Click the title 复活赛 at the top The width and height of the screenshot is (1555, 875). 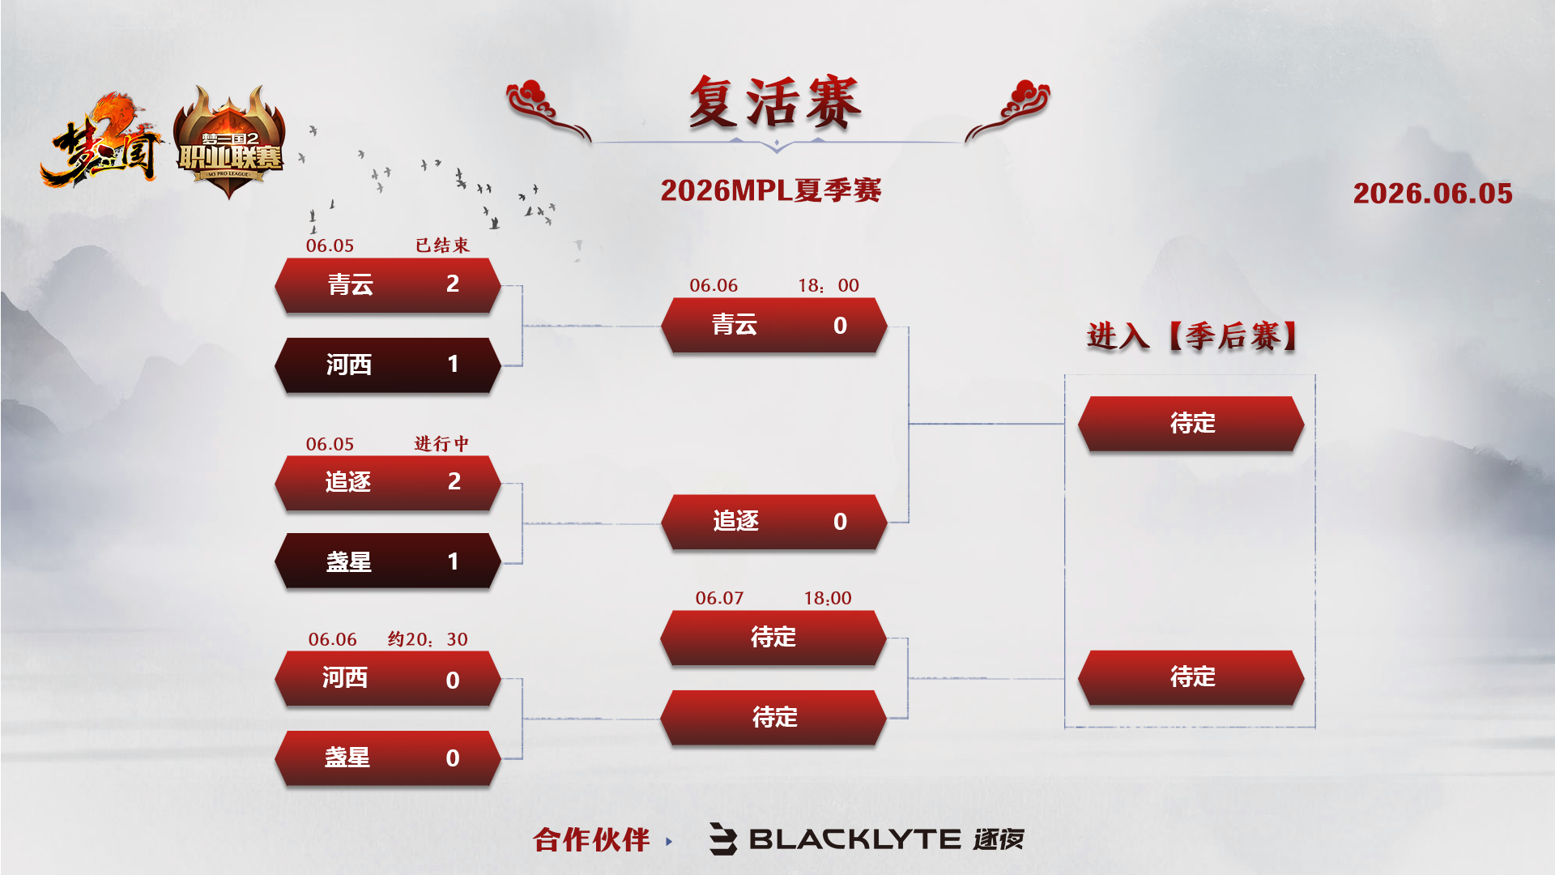[x=775, y=103]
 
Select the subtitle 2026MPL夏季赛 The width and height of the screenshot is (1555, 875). [x=771, y=190]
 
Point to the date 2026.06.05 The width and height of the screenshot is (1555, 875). [x=1433, y=193]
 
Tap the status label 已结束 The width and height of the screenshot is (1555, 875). [x=442, y=245]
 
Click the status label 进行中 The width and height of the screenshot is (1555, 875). [x=441, y=443]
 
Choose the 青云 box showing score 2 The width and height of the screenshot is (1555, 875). [x=388, y=285]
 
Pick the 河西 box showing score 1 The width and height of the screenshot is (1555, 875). [x=388, y=365]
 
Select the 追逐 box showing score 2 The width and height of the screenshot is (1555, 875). [x=388, y=483]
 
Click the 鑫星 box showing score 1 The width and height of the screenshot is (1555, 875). [x=388, y=561]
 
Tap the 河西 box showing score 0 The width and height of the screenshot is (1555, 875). [x=388, y=679]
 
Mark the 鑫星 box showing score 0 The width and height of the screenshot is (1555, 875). [x=388, y=758]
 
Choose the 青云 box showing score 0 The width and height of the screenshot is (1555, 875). [x=774, y=325]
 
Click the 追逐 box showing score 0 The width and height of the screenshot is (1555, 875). [x=774, y=522]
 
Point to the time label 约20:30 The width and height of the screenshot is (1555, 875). [x=428, y=638]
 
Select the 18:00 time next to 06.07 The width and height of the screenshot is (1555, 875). [x=828, y=598]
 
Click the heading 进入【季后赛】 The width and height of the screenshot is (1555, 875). [x=1192, y=335]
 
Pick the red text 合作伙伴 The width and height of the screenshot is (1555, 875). [x=591, y=840]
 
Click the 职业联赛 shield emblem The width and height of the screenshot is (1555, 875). [x=230, y=143]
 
